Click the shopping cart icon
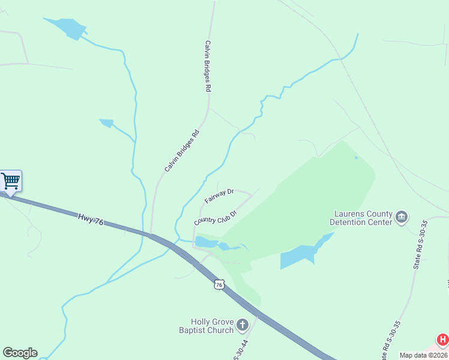10,181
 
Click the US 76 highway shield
220,284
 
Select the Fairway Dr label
218,196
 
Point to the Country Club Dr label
215,217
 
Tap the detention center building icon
402,216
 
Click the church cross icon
243,325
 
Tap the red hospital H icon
442,340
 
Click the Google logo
20,353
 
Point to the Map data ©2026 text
423,355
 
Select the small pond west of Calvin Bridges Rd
107,123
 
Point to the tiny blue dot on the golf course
356,158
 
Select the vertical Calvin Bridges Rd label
208,66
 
